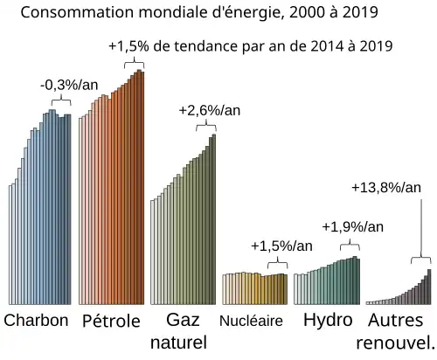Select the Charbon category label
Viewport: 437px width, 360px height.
37,321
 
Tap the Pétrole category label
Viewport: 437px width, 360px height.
111,321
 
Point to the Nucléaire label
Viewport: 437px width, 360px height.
252,321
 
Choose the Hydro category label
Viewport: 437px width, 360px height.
328,320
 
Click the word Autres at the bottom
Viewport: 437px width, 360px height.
396,320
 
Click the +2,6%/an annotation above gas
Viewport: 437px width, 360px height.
207,112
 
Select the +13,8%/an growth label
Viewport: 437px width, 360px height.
385,188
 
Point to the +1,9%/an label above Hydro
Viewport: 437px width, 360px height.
352,227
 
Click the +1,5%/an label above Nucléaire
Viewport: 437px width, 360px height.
281,246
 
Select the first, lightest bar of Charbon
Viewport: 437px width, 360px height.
10,245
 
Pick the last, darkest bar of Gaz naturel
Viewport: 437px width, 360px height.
213,218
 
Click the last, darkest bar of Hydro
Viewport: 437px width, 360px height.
357,280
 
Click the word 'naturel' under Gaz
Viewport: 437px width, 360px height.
178,341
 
